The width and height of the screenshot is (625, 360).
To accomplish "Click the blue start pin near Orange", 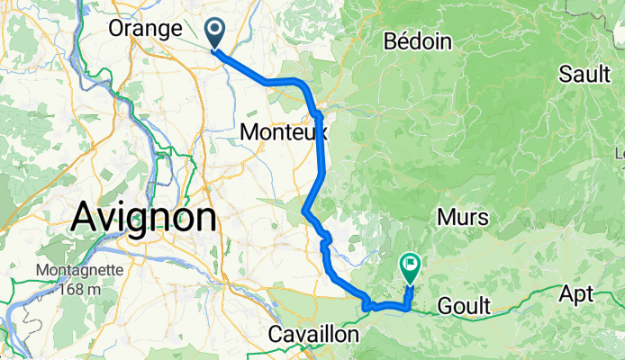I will pos(216,32).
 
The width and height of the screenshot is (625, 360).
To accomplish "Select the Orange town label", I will pos(144,29).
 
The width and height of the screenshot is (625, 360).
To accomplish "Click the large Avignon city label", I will pos(144,217).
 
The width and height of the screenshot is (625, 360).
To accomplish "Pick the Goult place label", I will pos(464,307).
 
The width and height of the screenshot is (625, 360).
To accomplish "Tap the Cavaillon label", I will pos(313,335).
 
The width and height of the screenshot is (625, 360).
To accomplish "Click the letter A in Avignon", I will pos(85,217).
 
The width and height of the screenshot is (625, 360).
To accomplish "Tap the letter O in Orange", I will pos(116,29).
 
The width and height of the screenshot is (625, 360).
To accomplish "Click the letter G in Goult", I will pos(444,307).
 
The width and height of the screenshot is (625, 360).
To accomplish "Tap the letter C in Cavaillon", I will pos(276,335).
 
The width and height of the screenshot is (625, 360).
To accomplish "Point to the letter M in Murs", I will pos(445,217).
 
